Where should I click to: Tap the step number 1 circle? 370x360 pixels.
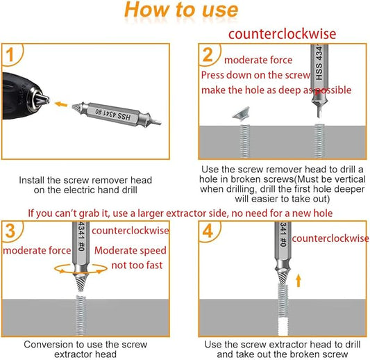coord(12,54)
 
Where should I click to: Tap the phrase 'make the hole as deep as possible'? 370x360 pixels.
coord(276,90)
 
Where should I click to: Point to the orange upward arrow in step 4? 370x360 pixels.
coord(299,281)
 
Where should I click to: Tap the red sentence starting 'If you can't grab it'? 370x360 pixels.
coord(180,213)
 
